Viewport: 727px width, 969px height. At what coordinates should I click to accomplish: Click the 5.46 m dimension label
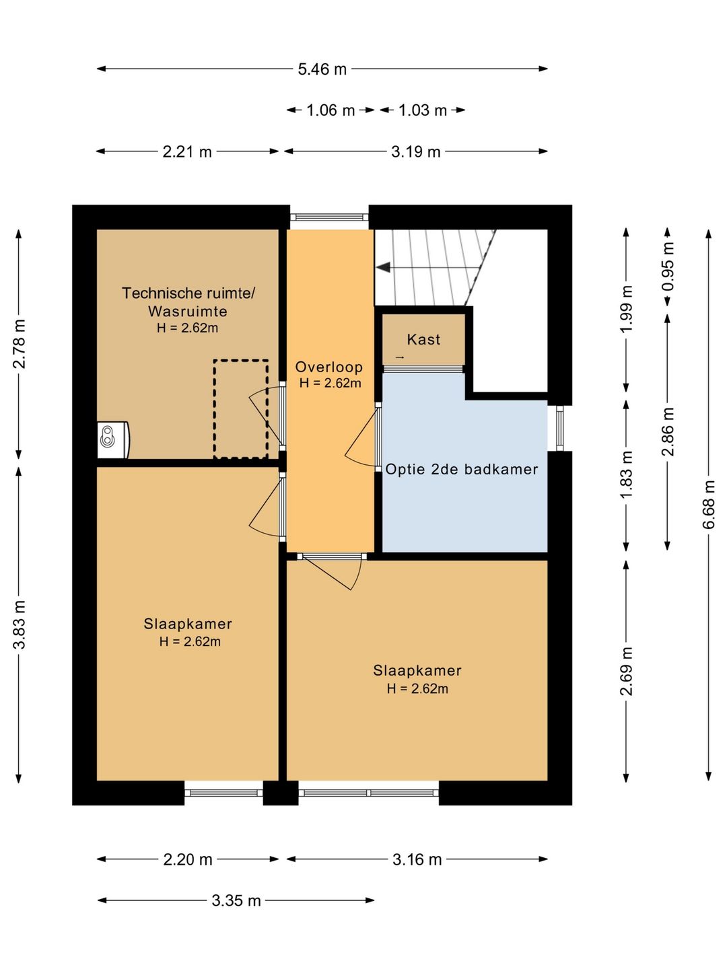click(322, 69)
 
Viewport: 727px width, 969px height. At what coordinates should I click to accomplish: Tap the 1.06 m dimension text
click(331, 110)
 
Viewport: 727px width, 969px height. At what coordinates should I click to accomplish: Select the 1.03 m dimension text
click(423, 110)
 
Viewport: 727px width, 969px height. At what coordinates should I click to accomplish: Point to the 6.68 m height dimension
click(709, 504)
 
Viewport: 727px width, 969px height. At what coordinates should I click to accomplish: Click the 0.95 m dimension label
click(667, 266)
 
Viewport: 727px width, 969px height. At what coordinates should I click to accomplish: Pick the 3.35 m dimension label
click(236, 900)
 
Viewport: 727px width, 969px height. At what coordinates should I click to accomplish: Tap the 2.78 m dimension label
click(20, 344)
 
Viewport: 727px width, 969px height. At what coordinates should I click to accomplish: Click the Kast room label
click(423, 339)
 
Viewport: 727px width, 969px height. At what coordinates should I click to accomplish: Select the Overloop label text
click(329, 367)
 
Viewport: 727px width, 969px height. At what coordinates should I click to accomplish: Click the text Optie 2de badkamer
click(462, 469)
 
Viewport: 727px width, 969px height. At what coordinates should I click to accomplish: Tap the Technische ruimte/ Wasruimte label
click(188, 302)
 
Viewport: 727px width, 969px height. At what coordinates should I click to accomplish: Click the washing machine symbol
click(113, 439)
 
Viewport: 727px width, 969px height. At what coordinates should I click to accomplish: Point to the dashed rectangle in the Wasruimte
click(241, 409)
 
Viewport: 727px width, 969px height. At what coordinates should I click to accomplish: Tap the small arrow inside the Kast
click(399, 357)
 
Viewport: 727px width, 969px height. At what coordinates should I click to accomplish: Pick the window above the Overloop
click(329, 217)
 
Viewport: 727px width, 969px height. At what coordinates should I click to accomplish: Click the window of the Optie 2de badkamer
click(559, 428)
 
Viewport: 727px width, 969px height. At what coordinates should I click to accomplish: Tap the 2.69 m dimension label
click(626, 671)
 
